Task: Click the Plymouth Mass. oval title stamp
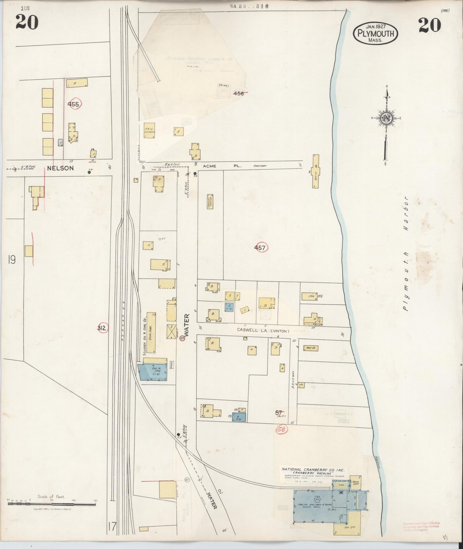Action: [x=375, y=33]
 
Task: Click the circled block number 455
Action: [x=73, y=104]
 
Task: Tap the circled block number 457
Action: [x=260, y=248]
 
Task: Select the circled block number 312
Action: [x=102, y=328]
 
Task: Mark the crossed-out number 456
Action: [x=239, y=93]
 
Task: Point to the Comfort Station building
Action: [x=210, y=201]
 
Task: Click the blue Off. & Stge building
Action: [x=154, y=372]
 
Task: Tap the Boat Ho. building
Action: [x=311, y=348]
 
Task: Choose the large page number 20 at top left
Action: [x=27, y=22]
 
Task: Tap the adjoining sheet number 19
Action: [x=12, y=260]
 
